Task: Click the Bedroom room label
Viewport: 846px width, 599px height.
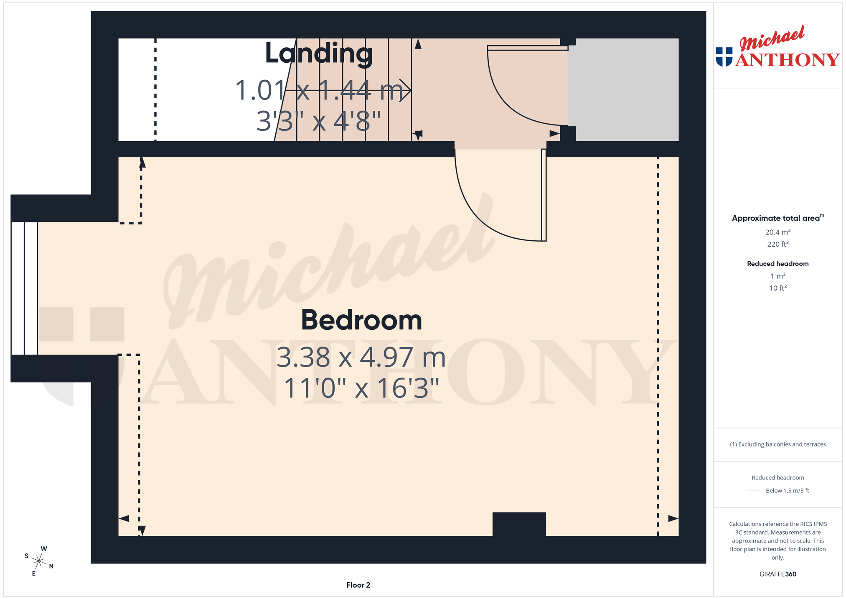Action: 361,320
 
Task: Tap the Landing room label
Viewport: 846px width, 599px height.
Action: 319,54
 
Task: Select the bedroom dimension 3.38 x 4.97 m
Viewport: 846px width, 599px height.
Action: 361,358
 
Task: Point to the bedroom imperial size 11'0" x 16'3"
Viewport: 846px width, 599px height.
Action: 361,388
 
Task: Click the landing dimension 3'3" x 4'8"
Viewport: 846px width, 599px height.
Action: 319,121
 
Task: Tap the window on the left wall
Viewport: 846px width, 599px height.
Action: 24,288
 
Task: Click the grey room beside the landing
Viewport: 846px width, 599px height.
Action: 623,90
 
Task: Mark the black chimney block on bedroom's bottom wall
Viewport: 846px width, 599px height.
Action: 519,524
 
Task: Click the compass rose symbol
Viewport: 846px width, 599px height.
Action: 39,561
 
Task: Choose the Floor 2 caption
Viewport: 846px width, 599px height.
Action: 358,585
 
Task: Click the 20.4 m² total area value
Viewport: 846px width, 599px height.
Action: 777,232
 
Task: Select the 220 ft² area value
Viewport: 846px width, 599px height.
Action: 777,244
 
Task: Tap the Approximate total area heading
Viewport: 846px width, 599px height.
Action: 777,218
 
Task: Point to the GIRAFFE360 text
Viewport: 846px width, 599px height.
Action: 777,574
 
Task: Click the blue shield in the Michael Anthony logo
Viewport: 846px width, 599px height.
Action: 724,57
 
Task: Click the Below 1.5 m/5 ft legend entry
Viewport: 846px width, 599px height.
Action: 787,491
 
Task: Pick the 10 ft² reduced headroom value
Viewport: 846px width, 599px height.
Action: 777,288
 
